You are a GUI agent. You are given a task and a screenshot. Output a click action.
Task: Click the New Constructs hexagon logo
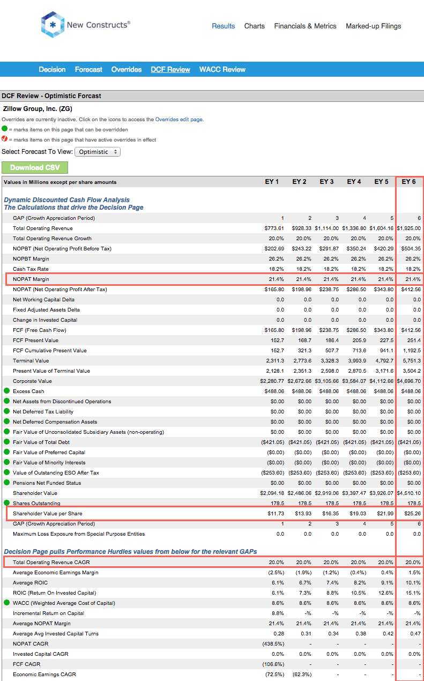click(x=53, y=25)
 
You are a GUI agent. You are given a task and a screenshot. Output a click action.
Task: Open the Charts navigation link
click(x=255, y=26)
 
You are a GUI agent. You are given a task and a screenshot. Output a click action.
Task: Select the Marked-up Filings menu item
click(x=373, y=26)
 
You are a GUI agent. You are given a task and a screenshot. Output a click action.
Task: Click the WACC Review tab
click(x=222, y=70)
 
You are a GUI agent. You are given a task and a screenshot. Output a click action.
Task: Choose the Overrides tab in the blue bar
click(x=127, y=70)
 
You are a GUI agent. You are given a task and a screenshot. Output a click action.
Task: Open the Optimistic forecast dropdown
click(x=98, y=152)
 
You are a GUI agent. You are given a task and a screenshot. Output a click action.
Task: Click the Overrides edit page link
click(x=178, y=120)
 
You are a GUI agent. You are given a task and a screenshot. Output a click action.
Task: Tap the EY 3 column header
click(x=326, y=182)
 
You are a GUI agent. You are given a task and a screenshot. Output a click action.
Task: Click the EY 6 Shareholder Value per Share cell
click(x=412, y=514)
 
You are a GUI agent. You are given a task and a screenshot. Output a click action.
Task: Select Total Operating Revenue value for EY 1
click(x=274, y=228)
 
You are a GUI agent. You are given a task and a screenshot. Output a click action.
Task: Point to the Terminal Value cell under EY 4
click(x=356, y=361)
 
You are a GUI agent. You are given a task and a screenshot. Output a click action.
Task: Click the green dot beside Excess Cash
click(x=6, y=391)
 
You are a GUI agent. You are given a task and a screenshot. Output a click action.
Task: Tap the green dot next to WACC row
click(x=6, y=603)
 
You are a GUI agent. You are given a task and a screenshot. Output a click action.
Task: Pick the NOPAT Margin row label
click(x=31, y=279)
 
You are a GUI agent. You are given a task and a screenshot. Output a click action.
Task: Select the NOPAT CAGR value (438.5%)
click(x=273, y=644)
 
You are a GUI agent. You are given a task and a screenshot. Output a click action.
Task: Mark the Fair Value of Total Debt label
click(x=41, y=442)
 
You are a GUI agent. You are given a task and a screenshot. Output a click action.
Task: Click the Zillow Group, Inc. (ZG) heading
click(x=38, y=109)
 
